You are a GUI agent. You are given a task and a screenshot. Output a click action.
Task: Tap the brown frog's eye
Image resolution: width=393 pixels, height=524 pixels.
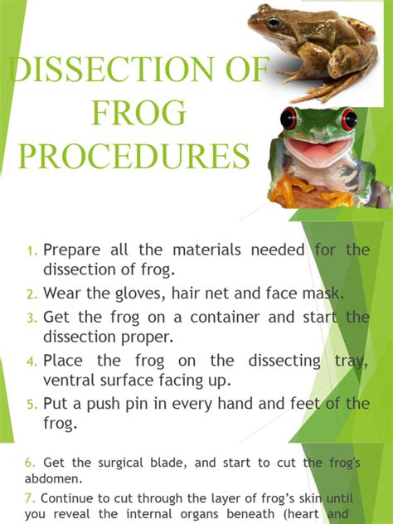coord(274,22)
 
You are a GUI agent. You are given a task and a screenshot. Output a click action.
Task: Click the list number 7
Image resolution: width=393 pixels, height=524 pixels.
coord(31,498)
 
